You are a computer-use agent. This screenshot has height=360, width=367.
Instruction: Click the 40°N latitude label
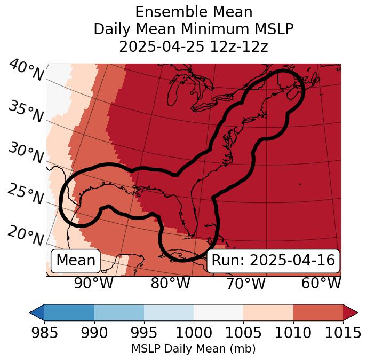click(26, 71)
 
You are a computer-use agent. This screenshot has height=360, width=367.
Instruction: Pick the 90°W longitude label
click(93, 284)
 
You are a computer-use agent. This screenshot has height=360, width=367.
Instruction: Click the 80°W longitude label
click(171, 284)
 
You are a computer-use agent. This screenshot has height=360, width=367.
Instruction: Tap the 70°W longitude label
click(246, 284)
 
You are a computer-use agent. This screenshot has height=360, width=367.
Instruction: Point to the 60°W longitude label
click(321, 284)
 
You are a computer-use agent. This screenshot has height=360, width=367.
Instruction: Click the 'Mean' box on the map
click(76, 261)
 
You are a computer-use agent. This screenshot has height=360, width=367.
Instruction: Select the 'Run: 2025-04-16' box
click(273, 261)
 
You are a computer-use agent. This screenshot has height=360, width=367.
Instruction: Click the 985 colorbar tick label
click(44, 333)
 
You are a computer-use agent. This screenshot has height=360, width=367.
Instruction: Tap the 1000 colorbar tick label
click(194, 333)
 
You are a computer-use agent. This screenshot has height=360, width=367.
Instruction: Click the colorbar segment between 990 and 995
click(119, 312)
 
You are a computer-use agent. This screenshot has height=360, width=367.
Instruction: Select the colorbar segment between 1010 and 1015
click(318, 312)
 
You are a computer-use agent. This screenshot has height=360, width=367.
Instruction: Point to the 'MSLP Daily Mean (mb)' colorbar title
click(193, 349)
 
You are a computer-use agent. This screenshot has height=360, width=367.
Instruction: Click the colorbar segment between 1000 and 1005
click(218, 312)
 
